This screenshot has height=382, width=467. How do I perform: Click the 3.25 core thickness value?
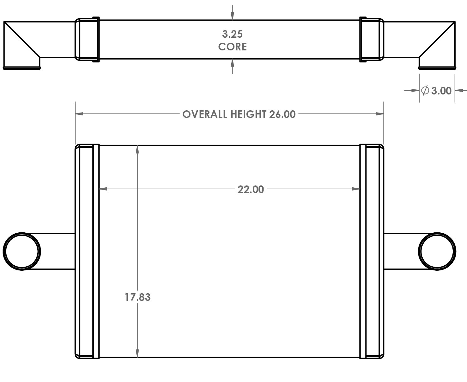232,34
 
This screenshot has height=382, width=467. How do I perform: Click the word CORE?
232,47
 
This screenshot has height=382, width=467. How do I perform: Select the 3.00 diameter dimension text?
441,91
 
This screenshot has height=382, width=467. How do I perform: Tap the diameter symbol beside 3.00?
425,91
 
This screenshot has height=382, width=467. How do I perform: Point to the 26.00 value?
282,114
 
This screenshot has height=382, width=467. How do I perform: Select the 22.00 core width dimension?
251,190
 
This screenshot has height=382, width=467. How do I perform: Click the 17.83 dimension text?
137,297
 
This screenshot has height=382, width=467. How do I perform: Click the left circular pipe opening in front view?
22,251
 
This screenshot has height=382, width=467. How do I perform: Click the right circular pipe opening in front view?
437,251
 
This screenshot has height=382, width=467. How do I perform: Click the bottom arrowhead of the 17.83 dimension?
137,354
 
